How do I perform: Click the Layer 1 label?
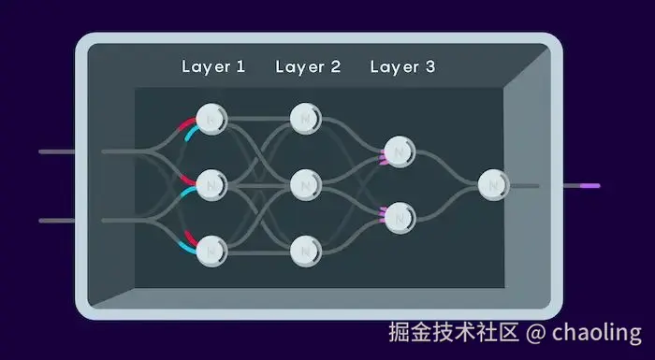click(x=213, y=67)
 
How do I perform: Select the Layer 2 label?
click(x=308, y=67)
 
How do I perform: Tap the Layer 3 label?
click(x=402, y=67)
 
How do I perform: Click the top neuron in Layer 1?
click(x=211, y=119)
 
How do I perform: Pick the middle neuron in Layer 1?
click(x=211, y=185)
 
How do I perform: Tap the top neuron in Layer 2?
click(x=306, y=119)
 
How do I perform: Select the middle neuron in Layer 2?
click(x=306, y=185)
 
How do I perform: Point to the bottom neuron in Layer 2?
click(x=306, y=251)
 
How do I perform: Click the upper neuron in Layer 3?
click(x=400, y=151)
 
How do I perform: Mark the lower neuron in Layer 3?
click(x=400, y=218)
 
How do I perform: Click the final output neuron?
click(x=492, y=185)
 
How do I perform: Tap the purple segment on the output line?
click(x=589, y=186)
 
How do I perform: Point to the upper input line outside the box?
click(x=56, y=151)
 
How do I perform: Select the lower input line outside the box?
click(x=56, y=222)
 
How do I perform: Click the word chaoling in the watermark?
click(x=596, y=332)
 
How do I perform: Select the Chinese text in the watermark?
click(x=454, y=332)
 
